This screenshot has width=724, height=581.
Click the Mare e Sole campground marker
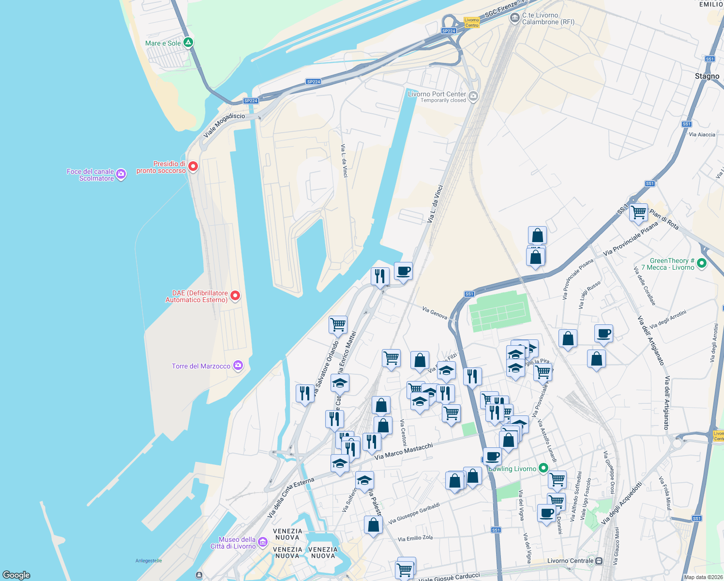point(188,43)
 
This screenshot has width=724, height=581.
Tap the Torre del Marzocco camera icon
point(238,366)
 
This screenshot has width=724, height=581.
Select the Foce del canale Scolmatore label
point(90,175)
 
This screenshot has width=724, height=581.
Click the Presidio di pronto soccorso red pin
point(193,167)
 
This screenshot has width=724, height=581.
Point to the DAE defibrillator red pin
point(235,295)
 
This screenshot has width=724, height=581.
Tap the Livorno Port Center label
point(437,94)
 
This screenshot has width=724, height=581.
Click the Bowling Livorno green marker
point(543,468)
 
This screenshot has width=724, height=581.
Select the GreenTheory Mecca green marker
point(702,263)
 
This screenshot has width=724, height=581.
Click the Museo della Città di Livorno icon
point(263,541)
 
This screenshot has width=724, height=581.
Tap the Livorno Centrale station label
point(570,561)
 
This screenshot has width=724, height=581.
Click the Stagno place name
point(707,76)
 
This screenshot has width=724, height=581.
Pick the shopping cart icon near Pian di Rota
point(638,212)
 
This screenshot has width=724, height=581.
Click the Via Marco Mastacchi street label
point(404,451)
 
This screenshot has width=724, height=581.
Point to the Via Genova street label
point(435,313)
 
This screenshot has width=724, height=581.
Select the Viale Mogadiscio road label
point(224,125)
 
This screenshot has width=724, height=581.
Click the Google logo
point(16,575)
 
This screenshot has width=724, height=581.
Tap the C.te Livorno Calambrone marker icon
point(514,18)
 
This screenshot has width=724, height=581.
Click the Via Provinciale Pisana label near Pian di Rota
point(631,239)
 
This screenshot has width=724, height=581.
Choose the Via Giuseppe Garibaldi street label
point(414,513)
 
